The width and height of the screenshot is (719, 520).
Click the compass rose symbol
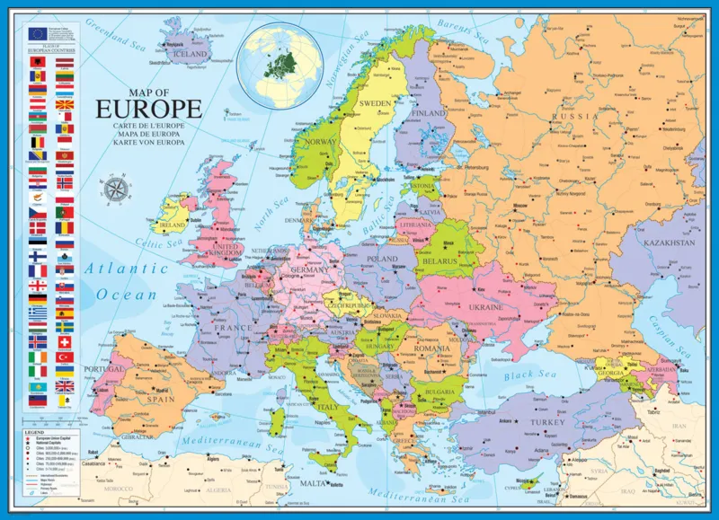point(117,189)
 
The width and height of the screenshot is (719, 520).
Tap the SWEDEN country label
point(376,103)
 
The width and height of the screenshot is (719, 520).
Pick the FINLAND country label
point(429,114)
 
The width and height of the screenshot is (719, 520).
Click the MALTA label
point(313,483)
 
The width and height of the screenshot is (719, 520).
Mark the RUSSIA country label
point(575,117)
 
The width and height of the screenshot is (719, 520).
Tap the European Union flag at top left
point(37,33)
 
